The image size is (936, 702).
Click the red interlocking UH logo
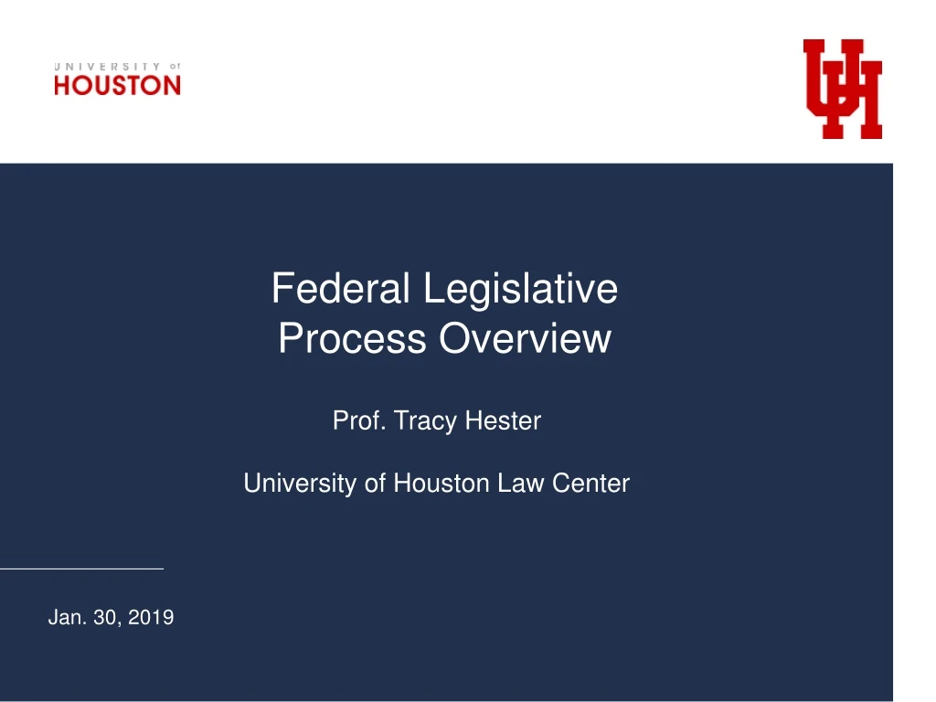[842, 89]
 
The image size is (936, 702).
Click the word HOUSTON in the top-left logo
[117, 86]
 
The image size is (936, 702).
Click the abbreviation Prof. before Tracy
[359, 421]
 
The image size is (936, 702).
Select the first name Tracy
[426, 421]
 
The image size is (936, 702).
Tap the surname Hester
[503, 421]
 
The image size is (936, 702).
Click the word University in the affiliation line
[300, 484]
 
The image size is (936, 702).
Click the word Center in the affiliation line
[590, 484]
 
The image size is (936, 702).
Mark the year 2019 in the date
[151, 619]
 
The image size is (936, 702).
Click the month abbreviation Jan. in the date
[66, 619]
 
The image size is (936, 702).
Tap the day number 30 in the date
[106, 619]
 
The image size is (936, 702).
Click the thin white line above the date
[81, 569]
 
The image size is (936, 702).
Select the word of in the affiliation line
[375, 484]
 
